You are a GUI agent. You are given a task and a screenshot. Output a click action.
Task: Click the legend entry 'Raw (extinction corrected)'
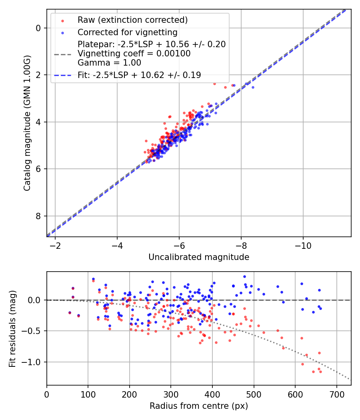tap(132, 20)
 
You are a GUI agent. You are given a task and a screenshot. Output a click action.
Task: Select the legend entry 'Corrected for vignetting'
tap(127, 32)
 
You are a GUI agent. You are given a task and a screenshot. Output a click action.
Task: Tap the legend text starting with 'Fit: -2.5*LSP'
tap(139, 75)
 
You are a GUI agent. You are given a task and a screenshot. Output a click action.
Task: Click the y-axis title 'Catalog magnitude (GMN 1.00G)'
tap(27, 123)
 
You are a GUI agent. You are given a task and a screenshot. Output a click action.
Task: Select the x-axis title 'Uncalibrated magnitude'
tap(199, 257)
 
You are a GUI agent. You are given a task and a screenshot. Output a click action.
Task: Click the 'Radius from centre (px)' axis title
tap(199, 406)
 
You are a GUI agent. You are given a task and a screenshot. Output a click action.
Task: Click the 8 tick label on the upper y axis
tap(38, 216)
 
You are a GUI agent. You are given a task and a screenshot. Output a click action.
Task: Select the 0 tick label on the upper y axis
tap(38, 28)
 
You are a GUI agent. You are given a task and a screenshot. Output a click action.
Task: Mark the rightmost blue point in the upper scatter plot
tap(252, 87)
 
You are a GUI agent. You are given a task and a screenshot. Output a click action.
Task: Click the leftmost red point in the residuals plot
tap(70, 312)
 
